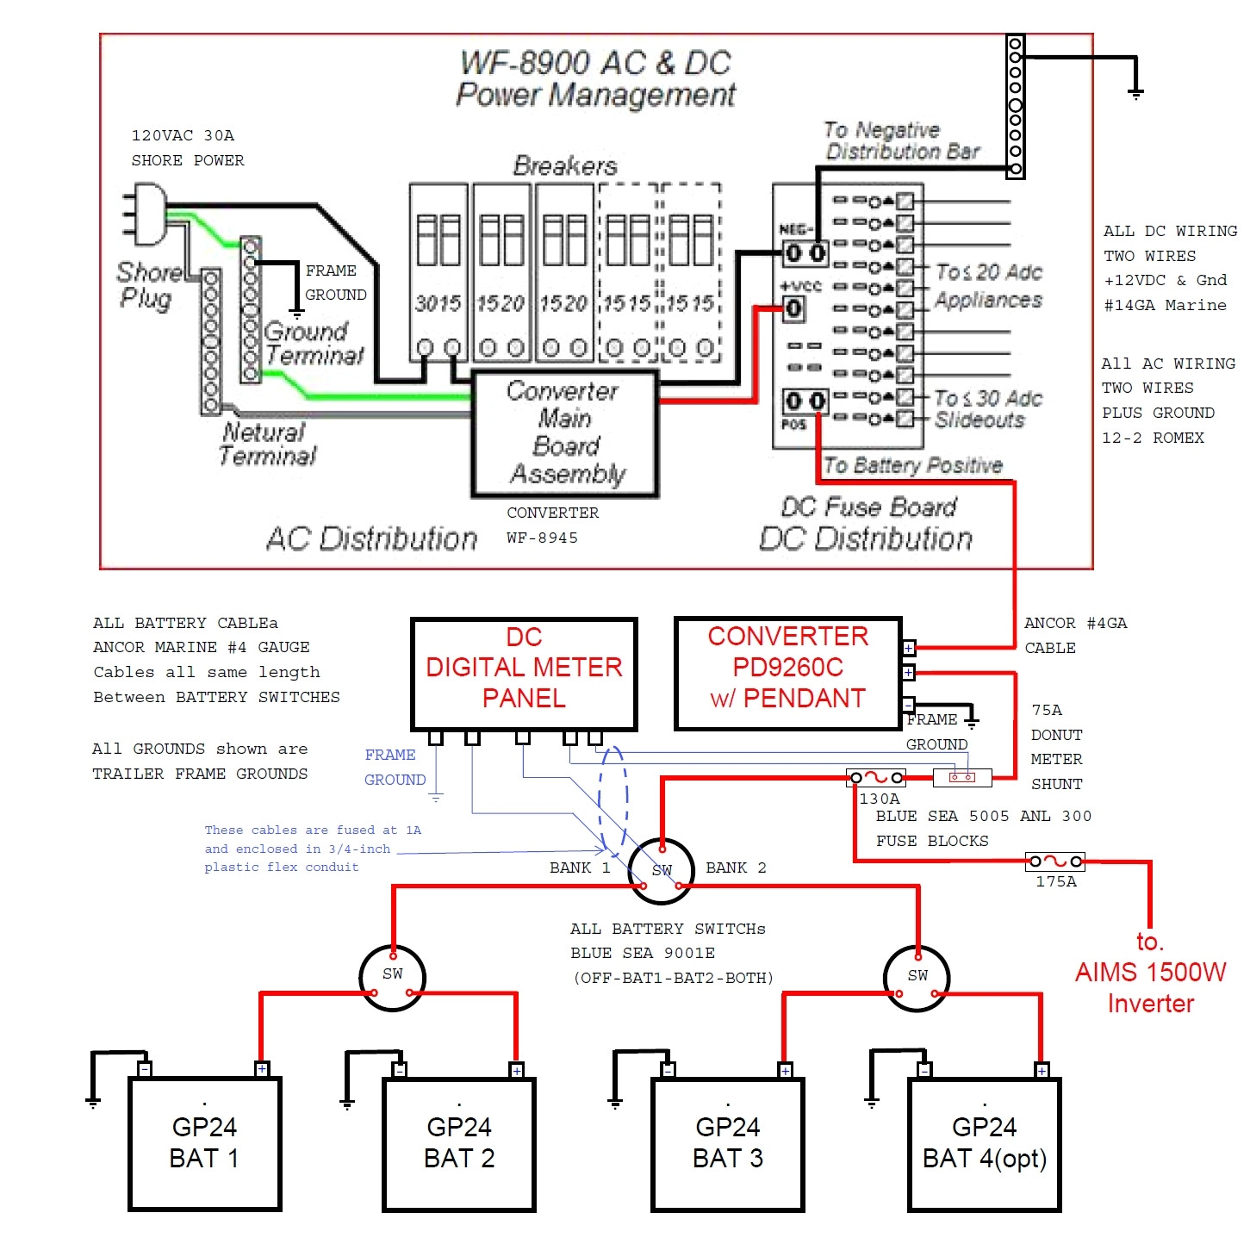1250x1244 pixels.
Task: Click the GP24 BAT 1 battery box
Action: click(205, 1143)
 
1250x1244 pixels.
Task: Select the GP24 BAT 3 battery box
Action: click(728, 1143)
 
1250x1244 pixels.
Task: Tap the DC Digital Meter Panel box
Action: click(524, 674)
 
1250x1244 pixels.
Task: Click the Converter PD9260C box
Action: click(787, 674)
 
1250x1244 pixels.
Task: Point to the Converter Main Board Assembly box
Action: click(565, 433)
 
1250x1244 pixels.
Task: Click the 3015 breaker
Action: click(438, 271)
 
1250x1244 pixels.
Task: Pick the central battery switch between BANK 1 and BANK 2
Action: click(661, 871)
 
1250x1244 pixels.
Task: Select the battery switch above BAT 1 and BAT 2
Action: click(392, 976)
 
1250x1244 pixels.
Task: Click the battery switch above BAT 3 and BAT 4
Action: click(917, 977)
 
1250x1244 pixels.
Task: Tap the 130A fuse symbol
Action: click(876, 778)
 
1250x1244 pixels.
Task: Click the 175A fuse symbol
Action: click(1055, 861)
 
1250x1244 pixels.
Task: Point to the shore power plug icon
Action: click(146, 214)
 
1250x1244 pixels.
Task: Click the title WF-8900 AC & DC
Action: click(595, 63)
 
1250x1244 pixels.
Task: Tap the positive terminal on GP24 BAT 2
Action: click(516, 1070)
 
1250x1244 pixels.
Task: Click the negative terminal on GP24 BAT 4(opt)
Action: click(924, 1070)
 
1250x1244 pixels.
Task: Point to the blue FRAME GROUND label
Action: click(395, 767)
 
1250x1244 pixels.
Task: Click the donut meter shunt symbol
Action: click(961, 778)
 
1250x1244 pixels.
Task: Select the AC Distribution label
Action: click(371, 539)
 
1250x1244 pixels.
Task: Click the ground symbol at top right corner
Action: click(1135, 91)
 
